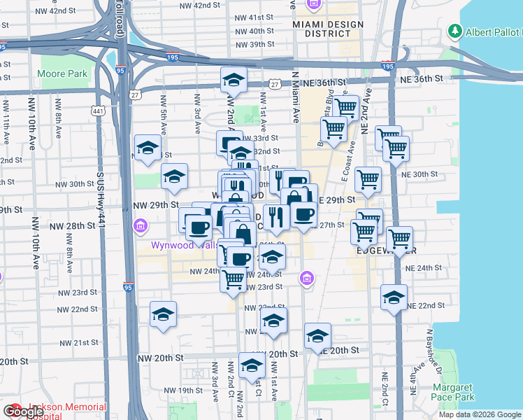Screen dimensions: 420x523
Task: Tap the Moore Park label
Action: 63,73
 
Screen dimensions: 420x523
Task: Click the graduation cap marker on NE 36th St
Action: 234,80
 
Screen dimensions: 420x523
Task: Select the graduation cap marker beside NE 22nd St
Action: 394,297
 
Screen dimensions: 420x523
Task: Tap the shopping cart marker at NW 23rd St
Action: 233,278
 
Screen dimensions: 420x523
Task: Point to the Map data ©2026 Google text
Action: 479,414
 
